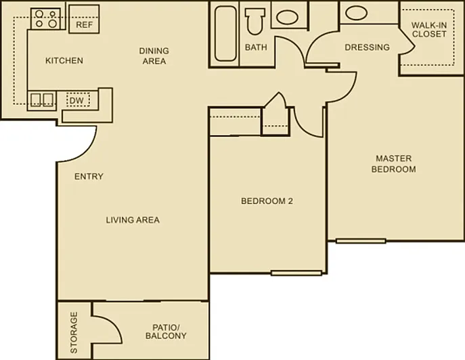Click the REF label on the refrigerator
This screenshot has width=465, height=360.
(84, 24)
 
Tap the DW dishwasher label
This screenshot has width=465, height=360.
(76, 101)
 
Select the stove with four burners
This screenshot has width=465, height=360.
(45, 19)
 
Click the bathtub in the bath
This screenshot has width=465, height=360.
(225, 33)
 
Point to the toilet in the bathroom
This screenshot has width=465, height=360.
(254, 22)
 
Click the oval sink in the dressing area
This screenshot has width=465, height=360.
(357, 12)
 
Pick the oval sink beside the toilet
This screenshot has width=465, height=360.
(287, 17)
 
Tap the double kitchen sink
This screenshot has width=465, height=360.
(43, 100)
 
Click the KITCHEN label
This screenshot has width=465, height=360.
(64, 60)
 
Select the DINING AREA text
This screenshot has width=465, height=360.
(154, 55)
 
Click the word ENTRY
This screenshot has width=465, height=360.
(89, 177)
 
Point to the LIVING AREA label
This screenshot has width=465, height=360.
(133, 220)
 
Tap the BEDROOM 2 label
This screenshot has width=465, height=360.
(267, 201)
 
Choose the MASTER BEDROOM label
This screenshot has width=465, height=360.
(393, 164)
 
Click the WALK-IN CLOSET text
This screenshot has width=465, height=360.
(429, 29)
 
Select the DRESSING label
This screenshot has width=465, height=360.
(367, 47)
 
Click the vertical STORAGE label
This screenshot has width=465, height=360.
(74, 332)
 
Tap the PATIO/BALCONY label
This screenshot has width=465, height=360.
(166, 332)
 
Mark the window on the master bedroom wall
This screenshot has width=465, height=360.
(361, 241)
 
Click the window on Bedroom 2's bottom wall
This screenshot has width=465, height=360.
(296, 273)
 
